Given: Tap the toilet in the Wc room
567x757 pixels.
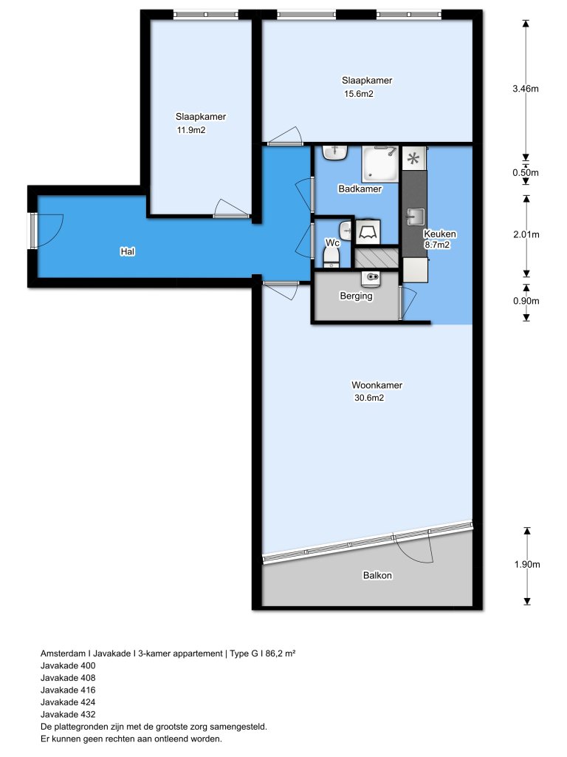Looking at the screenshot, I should [331, 255].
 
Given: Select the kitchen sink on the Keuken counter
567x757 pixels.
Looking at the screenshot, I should [415, 217].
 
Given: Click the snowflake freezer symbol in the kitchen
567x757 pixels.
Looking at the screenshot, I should [414, 157].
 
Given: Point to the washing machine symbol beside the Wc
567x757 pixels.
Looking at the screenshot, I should [368, 232].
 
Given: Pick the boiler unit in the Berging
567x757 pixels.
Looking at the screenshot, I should [370, 279].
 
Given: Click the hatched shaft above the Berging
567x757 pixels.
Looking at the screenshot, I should [377, 258].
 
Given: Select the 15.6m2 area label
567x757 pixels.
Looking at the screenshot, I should [358, 94].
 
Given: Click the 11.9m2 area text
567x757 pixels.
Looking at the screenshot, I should [190, 130].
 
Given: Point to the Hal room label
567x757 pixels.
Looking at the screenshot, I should [128, 251].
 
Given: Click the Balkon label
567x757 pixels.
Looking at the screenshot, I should [377, 575].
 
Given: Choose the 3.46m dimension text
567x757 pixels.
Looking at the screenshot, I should [526, 89].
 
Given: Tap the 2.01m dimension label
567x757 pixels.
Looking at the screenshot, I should [526, 235].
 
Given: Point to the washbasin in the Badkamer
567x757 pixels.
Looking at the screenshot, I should [336, 153].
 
